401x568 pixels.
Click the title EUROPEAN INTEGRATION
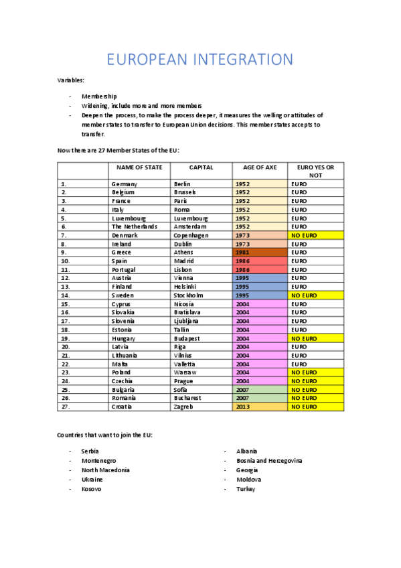(200, 60)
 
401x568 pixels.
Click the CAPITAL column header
(201, 167)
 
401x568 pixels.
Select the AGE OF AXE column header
(260, 167)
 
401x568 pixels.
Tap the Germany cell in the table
(125, 184)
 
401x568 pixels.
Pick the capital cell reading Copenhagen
(191, 235)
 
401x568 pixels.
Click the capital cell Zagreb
(183, 406)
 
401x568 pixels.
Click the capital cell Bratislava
(187, 312)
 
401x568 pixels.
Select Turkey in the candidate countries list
(246, 489)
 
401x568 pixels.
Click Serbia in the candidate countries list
(90, 451)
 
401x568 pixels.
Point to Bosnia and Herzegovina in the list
(269, 461)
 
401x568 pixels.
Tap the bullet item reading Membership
(99, 96)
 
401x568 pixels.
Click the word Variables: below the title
(71, 80)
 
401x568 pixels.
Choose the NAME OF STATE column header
(139, 167)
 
